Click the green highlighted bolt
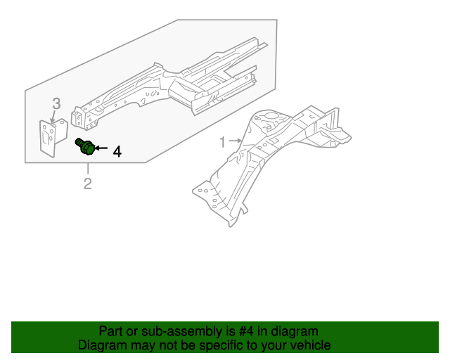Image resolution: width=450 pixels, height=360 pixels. pyautogui.click(x=85, y=148)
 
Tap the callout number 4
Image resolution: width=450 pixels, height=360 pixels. pyautogui.click(x=117, y=151)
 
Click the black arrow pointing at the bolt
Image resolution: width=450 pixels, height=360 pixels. pyautogui.click(x=100, y=149)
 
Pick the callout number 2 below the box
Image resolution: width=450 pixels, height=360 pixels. pyautogui.click(x=88, y=184)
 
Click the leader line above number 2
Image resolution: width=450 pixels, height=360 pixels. pyautogui.click(x=88, y=169)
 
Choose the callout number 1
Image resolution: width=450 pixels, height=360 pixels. pyautogui.click(x=223, y=142)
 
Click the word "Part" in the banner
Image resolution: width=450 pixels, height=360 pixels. pyautogui.click(x=112, y=331)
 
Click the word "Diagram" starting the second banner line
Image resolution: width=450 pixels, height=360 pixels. pyautogui.click(x=103, y=345)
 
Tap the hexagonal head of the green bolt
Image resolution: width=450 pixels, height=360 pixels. pyautogui.click(x=89, y=150)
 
